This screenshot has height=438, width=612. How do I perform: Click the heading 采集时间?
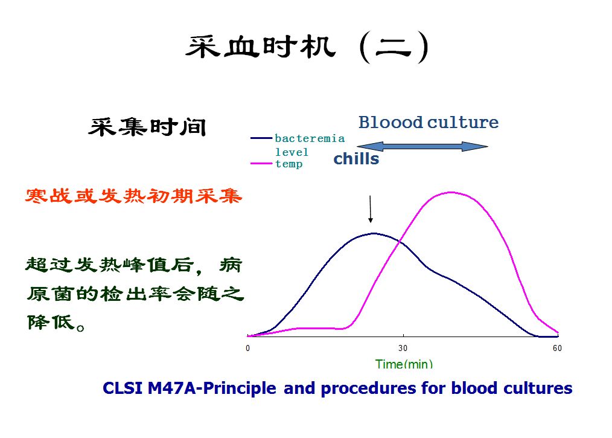[148, 127]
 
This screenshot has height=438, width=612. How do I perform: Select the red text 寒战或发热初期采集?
[134, 196]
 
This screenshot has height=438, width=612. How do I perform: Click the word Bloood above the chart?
[390, 123]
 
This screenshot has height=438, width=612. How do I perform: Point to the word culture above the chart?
[463, 123]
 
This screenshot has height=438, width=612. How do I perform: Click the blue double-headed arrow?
[422, 146]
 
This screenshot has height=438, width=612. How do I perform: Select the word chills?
[356, 159]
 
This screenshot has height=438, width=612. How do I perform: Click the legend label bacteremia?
[310, 138]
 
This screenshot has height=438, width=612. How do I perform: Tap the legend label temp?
[289, 164]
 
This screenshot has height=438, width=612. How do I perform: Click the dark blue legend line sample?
[261, 138]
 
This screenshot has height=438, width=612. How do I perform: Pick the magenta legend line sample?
[261, 163]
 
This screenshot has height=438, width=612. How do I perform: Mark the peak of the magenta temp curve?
[451, 193]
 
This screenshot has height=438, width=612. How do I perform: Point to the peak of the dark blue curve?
[373, 233]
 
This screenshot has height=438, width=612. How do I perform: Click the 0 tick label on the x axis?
[247, 349]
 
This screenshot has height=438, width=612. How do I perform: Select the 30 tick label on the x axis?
[403, 349]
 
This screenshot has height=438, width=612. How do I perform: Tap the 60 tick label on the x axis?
[557, 349]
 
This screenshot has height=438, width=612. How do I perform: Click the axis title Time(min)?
[404, 364]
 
